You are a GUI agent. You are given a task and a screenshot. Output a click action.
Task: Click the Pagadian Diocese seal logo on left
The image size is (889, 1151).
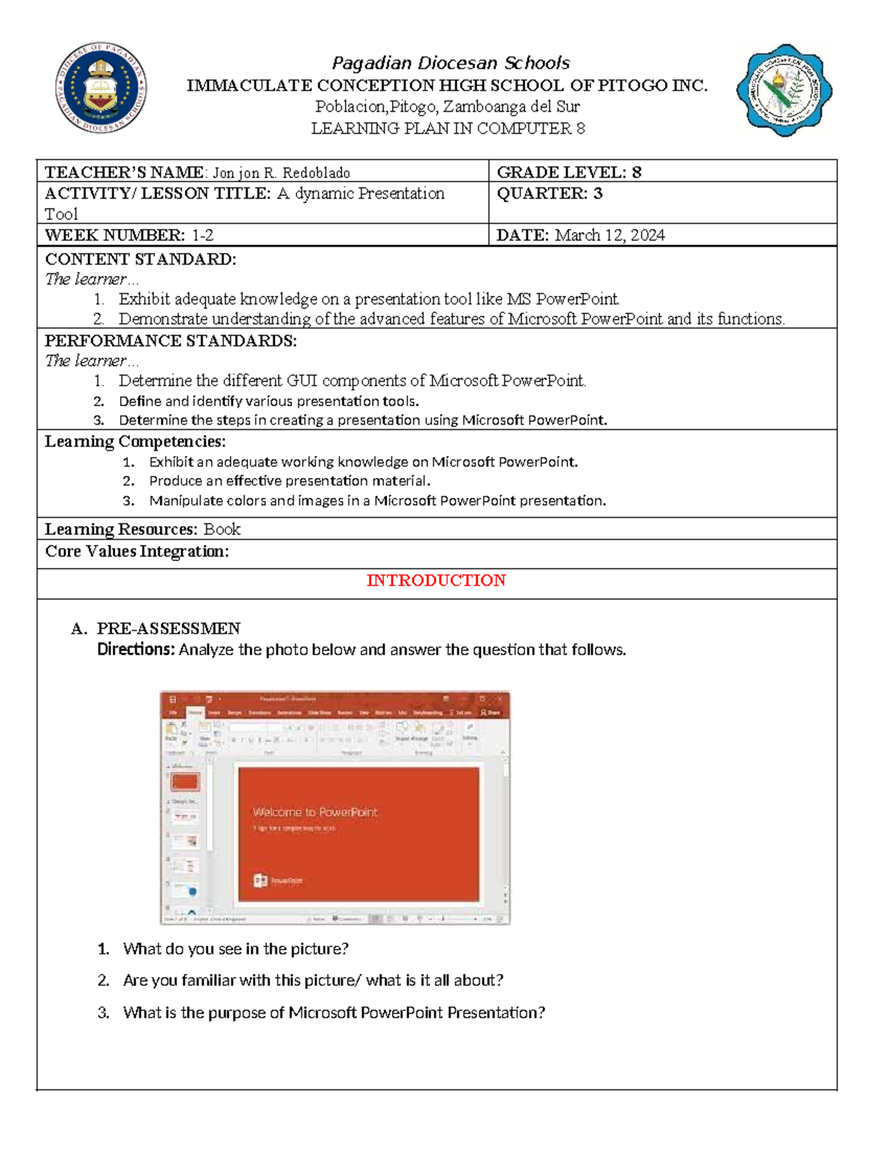pyautogui.click(x=101, y=87)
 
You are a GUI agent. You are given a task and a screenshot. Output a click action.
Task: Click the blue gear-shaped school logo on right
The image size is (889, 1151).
pyautogui.click(x=784, y=90)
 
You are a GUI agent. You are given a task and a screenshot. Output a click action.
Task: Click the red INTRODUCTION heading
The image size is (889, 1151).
pyautogui.click(x=436, y=580)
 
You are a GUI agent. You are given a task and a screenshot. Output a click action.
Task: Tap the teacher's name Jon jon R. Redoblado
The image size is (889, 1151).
pyautogui.click(x=282, y=173)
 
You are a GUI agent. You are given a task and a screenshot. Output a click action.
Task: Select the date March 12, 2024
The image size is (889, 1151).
pyautogui.click(x=610, y=236)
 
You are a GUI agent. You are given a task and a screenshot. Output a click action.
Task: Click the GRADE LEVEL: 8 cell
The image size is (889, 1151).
pyautogui.click(x=568, y=173)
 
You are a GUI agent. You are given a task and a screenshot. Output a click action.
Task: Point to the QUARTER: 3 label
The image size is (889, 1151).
pyautogui.click(x=549, y=194)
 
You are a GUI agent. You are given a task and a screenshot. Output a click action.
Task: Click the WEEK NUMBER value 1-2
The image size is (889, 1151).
pyautogui.click(x=202, y=236)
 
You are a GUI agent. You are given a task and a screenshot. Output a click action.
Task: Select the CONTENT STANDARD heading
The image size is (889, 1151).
pyautogui.click(x=140, y=259)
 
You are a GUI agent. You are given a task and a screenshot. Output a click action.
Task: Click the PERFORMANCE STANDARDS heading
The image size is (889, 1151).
pyautogui.click(x=170, y=341)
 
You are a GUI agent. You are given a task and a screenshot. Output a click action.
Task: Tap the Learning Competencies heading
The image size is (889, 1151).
pyautogui.click(x=135, y=442)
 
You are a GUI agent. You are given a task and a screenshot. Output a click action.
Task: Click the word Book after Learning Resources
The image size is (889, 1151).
pyautogui.click(x=222, y=529)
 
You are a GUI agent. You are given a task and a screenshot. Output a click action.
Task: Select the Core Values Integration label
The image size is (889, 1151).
pyautogui.click(x=136, y=551)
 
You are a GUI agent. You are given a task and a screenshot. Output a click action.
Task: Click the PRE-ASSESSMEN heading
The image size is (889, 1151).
pyautogui.click(x=168, y=628)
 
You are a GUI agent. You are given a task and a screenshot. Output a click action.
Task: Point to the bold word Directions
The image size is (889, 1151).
pyautogui.click(x=136, y=650)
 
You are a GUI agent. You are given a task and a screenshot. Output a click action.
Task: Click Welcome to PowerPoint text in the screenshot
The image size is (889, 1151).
pyautogui.click(x=315, y=812)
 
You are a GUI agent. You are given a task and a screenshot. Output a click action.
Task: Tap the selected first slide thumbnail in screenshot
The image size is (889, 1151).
pyautogui.click(x=185, y=781)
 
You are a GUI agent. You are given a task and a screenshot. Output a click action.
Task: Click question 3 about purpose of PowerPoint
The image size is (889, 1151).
pyautogui.click(x=333, y=1013)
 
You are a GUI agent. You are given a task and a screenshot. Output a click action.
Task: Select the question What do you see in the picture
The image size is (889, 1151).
pyautogui.click(x=236, y=949)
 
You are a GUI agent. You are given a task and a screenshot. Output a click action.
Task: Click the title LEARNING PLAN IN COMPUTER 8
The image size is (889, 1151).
pyautogui.click(x=447, y=129)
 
